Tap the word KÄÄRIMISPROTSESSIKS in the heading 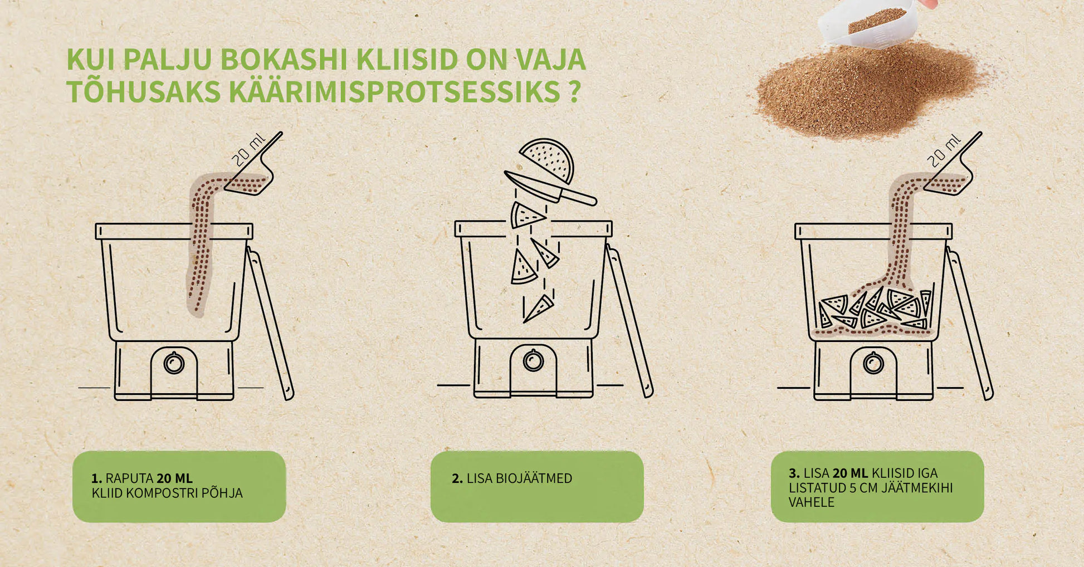[x=394, y=92]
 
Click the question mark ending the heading [x=575, y=92]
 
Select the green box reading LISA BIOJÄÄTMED [x=537, y=486]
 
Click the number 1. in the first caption [x=97, y=478]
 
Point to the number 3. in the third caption [x=794, y=473]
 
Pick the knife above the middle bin [x=550, y=188]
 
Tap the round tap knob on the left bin [x=174, y=363]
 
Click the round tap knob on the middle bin [x=534, y=360]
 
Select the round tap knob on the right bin [x=873, y=363]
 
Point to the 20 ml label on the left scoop [x=249, y=150]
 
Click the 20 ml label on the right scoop [x=944, y=150]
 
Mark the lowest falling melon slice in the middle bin [x=538, y=309]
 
